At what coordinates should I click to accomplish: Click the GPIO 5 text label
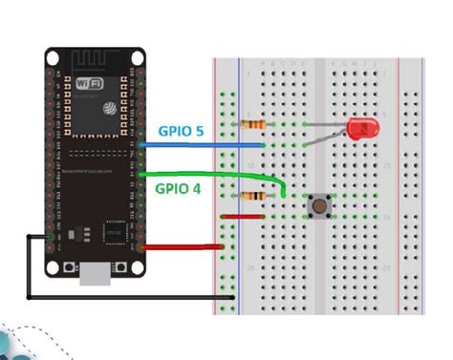pyautogui.click(x=182, y=131)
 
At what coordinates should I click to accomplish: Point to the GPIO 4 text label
pyautogui.click(x=179, y=190)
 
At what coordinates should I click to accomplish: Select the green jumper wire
pyautogui.click(x=210, y=174)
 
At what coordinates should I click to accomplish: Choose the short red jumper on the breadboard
pyautogui.click(x=243, y=217)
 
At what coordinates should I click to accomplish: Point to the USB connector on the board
pyautogui.click(x=97, y=275)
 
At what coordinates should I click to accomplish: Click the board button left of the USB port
pyautogui.click(x=67, y=268)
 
